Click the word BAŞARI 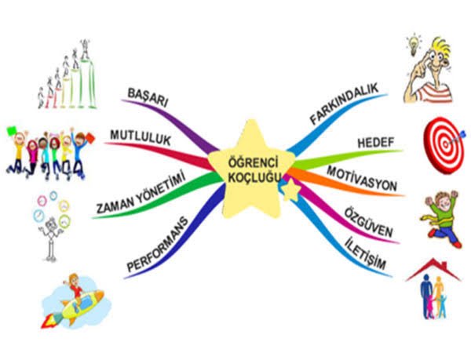(148, 97)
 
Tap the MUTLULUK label (141, 138)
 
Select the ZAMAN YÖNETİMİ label (141, 193)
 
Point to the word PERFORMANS (158, 244)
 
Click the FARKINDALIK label (345, 104)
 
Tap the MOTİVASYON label (362, 179)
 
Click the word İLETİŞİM (365, 253)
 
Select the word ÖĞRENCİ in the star (254, 163)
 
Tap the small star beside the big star (290, 191)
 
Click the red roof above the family (433, 270)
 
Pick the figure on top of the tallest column (86, 49)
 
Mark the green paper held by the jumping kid (12, 131)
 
